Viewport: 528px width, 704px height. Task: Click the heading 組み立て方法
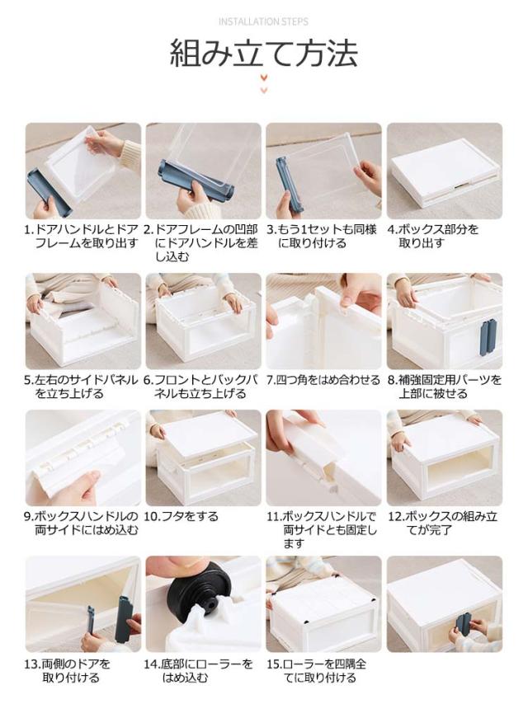[264, 54]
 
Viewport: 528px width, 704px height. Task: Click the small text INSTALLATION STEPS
[263, 21]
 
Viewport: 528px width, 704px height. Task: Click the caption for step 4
[433, 236]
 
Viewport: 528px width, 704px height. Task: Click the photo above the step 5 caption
[83, 321]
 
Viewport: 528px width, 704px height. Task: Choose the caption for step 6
[200, 387]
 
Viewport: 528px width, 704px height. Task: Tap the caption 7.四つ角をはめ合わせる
[323, 380]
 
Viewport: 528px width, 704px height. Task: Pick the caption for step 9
[81, 523]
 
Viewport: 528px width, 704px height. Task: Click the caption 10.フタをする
[181, 516]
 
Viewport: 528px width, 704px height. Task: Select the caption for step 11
[322, 530]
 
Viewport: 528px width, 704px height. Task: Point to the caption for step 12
[443, 523]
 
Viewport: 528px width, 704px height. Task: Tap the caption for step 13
[68, 670]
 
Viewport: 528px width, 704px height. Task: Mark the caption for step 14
[198, 670]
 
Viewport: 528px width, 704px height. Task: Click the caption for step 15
[316, 670]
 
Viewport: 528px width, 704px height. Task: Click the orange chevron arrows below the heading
[264, 84]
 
